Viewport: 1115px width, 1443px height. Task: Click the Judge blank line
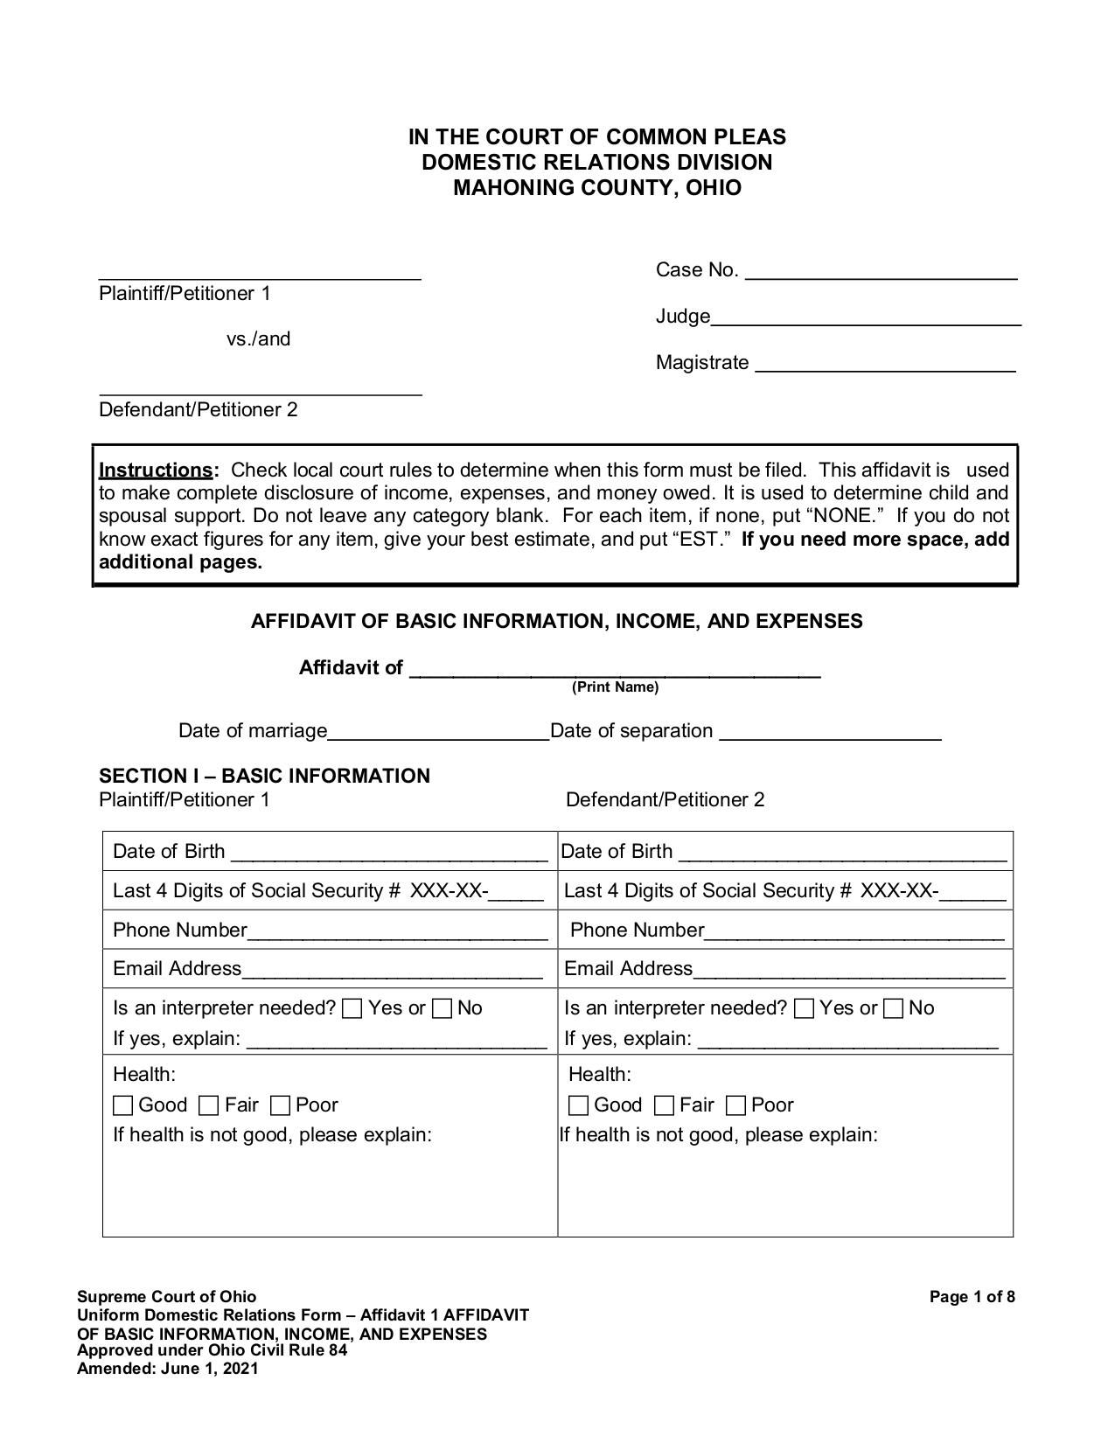tap(866, 319)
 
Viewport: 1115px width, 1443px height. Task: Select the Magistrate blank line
tap(885, 366)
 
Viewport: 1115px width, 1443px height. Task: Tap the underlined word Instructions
tap(156, 471)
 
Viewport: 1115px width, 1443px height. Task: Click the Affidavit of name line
tap(615, 671)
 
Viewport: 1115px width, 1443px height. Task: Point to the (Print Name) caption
tap(615, 687)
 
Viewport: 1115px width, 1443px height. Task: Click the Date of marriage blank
tap(438, 734)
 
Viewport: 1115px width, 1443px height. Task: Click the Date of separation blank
tap(830, 734)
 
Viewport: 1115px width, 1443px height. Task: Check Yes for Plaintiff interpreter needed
tap(352, 1009)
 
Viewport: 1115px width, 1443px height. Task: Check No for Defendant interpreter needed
tap(893, 1009)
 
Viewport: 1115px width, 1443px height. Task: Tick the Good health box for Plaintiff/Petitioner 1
tap(123, 1106)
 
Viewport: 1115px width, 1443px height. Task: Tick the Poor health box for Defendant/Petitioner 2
tap(736, 1106)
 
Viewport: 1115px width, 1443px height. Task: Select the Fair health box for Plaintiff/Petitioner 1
tap(208, 1106)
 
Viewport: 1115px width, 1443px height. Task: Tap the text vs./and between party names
tap(258, 339)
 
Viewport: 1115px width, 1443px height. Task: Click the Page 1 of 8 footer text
tap(972, 1297)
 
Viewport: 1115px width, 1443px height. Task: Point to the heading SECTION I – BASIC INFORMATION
tap(264, 777)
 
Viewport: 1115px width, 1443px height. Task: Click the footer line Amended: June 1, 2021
tap(168, 1369)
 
